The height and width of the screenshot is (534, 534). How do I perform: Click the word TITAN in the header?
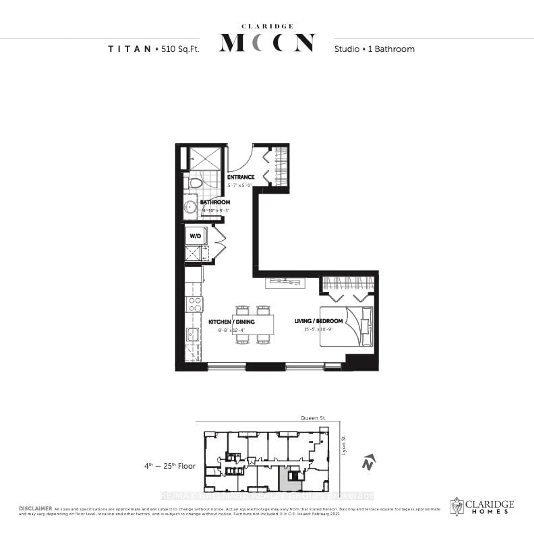point(129,49)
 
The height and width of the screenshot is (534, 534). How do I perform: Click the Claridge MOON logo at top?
point(267,40)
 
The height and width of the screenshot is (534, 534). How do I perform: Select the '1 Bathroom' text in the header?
point(391,49)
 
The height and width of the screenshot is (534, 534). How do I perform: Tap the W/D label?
point(195,236)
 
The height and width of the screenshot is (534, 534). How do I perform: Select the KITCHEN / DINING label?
point(231,322)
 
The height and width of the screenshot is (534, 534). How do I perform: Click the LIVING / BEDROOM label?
point(318,321)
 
